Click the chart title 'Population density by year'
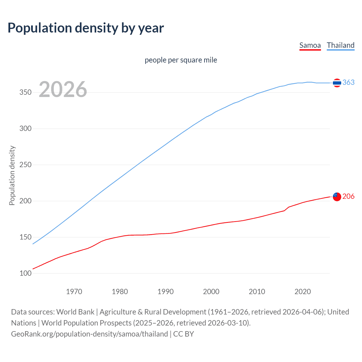click(86, 28)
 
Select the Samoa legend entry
click(310, 45)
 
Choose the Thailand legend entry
click(341, 45)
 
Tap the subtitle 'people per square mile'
click(181, 60)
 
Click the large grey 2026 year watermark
click(63, 89)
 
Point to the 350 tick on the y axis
click(25, 92)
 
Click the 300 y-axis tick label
click(25, 129)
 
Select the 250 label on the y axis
click(25, 165)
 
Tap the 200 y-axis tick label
click(25, 201)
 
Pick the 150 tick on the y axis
click(25, 237)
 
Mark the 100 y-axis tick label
click(25, 273)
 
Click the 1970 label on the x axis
click(74, 292)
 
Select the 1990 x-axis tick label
click(165, 292)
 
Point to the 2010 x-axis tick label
click(257, 292)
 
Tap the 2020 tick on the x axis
click(303, 292)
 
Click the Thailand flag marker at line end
click(337, 83)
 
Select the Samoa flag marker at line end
click(337, 197)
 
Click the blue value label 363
click(348, 82)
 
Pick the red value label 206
click(348, 196)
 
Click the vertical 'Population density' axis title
click(12, 175)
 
